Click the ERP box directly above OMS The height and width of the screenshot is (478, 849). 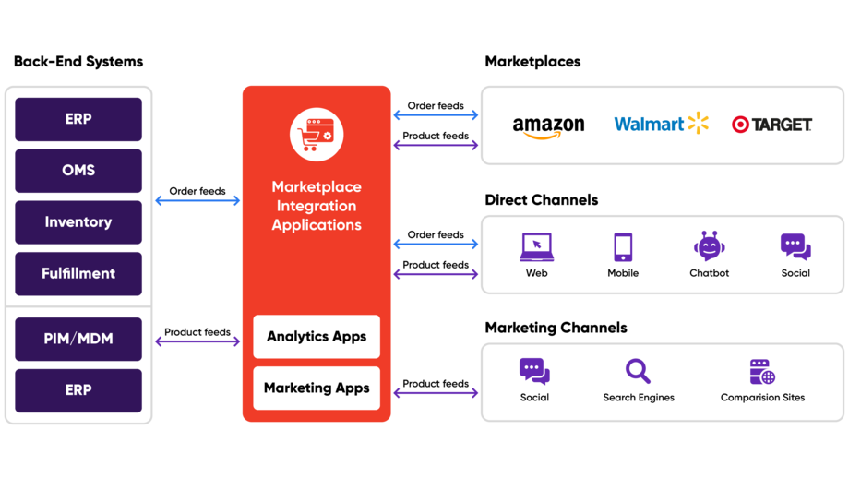pyautogui.click(x=78, y=119)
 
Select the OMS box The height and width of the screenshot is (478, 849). pyautogui.click(x=78, y=171)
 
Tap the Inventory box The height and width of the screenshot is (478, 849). pyautogui.click(x=78, y=222)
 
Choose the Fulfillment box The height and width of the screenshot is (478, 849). pyautogui.click(x=78, y=274)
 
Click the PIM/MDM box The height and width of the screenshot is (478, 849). pyautogui.click(x=78, y=339)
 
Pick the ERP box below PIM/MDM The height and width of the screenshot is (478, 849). pyautogui.click(x=78, y=390)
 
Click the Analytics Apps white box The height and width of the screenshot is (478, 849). pyautogui.click(x=317, y=337)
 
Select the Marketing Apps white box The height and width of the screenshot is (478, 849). pyautogui.click(x=317, y=388)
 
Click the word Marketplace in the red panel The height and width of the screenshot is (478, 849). pyautogui.click(x=317, y=187)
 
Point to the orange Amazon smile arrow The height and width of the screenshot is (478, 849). pyautogui.click(x=541, y=136)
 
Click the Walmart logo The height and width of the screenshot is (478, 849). pyautogui.click(x=661, y=124)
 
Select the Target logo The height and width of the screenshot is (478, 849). pyautogui.click(x=771, y=124)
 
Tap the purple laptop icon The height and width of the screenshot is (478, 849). pyautogui.click(x=536, y=247)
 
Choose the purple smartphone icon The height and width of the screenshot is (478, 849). pyautogui.click(x=623, y=246)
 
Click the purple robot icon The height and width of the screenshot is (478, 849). pyautogui.click(x=709, y=246)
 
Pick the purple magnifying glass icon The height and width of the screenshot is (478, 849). pyautogui.click(x=638, y=371)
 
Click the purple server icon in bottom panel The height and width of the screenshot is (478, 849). pyautogui.click(x=761, y=372)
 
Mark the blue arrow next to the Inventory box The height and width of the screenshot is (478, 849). pyautogui.click(x=197, y=200)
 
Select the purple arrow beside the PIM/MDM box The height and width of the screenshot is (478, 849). pyautogui.click(x=197, y=341)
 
